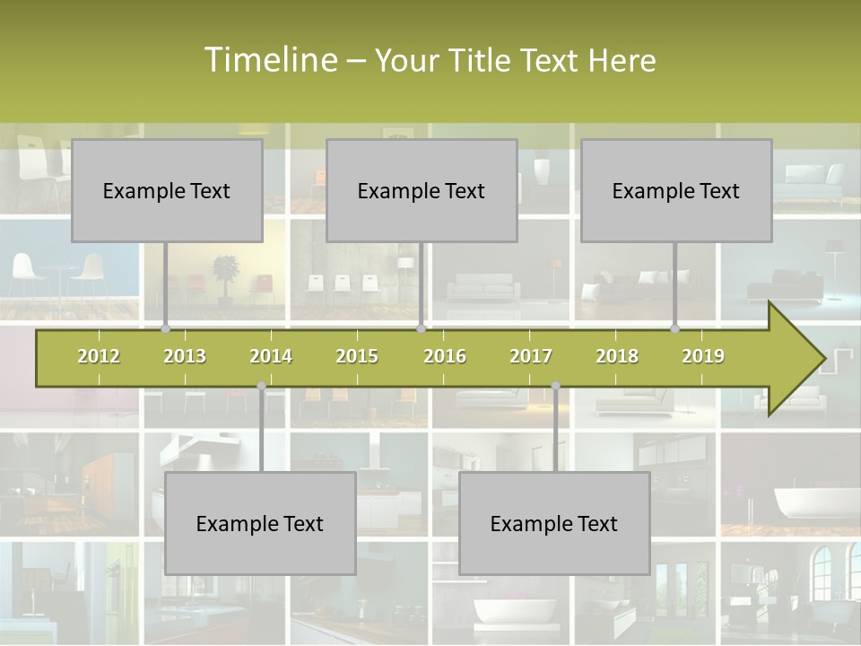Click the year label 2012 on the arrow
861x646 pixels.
[x=99, y=356]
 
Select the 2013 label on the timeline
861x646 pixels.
[x=185, y=356]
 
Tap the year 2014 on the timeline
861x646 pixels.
[x=271, y=356]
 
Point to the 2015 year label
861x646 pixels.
[x=357, y=356]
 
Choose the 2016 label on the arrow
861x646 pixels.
[x=445, y=356]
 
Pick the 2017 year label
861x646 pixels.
[x=531, y=356]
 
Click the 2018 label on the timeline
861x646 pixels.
[x=617, y=356]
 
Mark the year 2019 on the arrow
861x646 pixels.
[x=703, y=356]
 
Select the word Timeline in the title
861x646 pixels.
[x=269, y=60]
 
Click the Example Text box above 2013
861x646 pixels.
[x=167, y=191]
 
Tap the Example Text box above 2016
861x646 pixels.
[x=422, y=191]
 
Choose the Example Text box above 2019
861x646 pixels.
[x=676, y=191]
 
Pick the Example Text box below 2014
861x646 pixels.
[x=260, y=524]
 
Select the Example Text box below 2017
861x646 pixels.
[x=554, y=524]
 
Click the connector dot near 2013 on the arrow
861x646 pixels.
[x=165, y=329]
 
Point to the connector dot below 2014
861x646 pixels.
[x=261, y=386]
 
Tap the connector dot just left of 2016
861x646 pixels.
[x=421, y=329]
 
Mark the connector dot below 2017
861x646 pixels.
[x=555, y=386]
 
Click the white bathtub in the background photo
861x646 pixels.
[x=803, y=504]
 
